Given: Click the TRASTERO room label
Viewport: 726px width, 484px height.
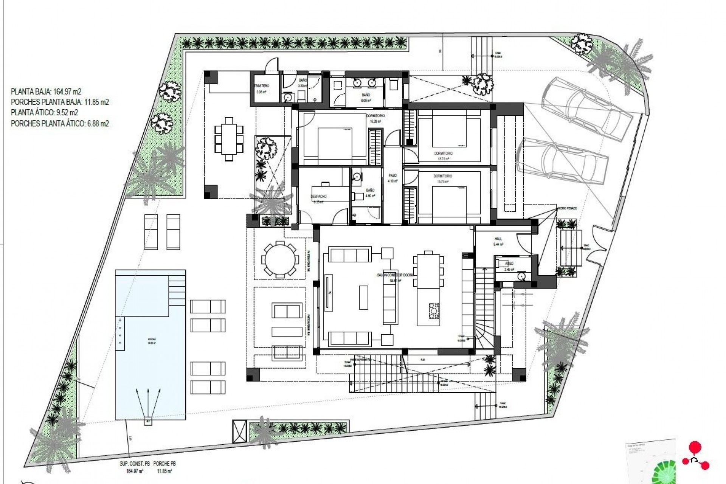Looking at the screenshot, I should pos(262,86).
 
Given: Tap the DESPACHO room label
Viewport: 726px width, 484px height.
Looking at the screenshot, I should pos(318,196).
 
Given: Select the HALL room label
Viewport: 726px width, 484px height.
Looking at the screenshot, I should pos(498,239).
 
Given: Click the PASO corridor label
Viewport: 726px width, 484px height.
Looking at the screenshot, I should pos(393,176).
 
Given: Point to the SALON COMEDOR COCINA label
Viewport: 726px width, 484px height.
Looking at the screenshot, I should pos(395,275).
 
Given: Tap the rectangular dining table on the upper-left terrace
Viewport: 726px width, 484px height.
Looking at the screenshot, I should pos(229,139).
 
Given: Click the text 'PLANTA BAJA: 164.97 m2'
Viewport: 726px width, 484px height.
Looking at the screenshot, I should pos(46,92).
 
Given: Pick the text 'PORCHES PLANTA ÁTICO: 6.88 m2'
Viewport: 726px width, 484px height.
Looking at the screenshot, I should pos(60,123).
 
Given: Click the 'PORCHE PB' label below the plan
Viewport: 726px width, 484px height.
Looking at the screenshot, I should pos(165,464).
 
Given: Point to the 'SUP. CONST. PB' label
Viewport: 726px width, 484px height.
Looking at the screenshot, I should pos(134,464).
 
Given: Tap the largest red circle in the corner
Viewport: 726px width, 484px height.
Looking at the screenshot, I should pos(693,447).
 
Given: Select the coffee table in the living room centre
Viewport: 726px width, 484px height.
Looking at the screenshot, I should pos(363,297).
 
